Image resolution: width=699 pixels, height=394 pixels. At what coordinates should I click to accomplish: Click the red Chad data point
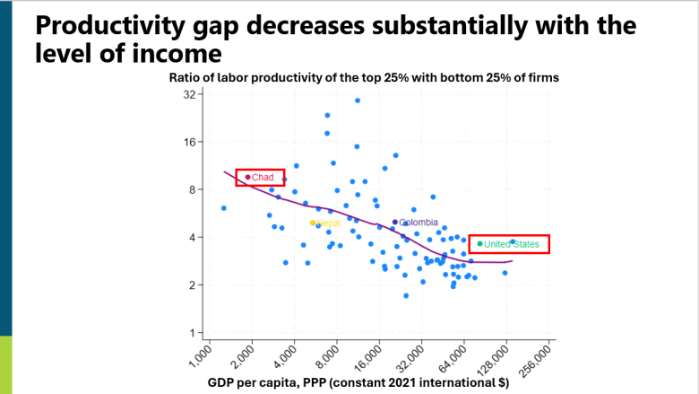(x=247, y=177)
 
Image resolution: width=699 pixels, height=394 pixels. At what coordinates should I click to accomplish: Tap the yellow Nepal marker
(x=313, y=223)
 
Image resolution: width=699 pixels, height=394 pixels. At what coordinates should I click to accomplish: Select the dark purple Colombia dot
(x=395, y=222)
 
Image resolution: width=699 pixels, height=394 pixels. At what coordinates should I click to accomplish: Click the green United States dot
(x=480, y=243)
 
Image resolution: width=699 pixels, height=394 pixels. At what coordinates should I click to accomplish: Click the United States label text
(x=513, y=244)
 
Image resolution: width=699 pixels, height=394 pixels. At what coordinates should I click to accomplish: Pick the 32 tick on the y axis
(x=189, y=94)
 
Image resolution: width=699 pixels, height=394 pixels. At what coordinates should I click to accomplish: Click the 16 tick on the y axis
(x=189, y=142)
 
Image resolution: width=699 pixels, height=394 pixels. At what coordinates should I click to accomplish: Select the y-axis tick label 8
(x=192, y=189)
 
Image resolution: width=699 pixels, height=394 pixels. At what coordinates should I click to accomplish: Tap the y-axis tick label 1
(x=192, y=333)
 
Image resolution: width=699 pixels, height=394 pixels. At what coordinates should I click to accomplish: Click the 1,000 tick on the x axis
(x=199, y=356)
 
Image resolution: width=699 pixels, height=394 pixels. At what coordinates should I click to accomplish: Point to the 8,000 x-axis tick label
(x=326, y=356)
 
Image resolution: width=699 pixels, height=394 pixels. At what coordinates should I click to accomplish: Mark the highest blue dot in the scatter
(x=357, y=101)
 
